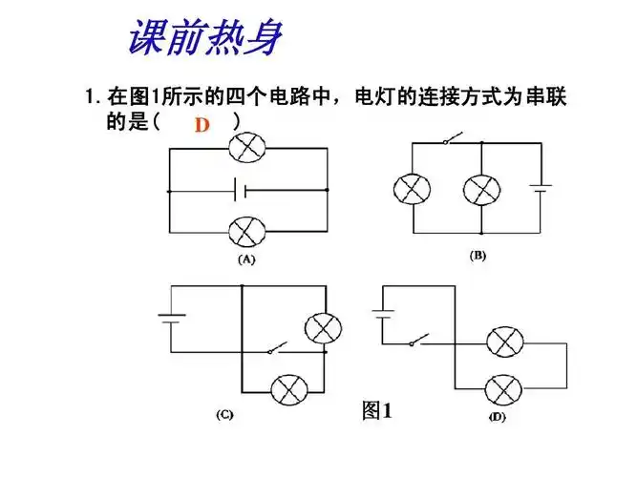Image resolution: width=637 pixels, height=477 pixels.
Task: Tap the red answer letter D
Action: coord(202,125)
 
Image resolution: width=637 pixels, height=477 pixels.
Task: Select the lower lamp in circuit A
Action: coord(248,232)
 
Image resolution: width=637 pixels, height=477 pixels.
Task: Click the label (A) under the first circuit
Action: coord(246,259)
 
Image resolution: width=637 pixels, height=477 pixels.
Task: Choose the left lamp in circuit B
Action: coord(413,189)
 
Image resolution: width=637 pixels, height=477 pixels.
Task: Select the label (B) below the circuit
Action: coord(478,256)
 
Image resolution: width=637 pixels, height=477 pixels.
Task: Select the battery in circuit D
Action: coord(383,315)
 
